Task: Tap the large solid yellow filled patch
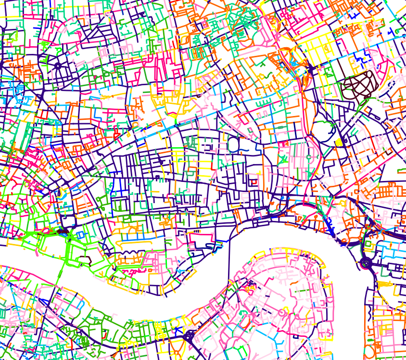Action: point(339,142)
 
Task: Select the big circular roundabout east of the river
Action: point(365,263)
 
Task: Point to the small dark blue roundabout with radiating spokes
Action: point(58,65)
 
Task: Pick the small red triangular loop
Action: point(253,182)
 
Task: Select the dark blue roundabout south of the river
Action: point(189,335)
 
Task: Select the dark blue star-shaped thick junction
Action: point(310,70)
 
